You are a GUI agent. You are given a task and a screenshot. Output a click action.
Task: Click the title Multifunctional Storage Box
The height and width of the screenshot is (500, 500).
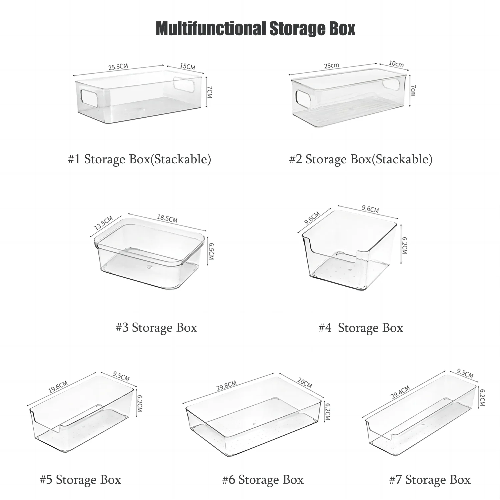click(x=255, y=29)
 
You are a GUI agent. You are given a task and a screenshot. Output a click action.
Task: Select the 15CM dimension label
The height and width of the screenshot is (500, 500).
click(x=187, y=66)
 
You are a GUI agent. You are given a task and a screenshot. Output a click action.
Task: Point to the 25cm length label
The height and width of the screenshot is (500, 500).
click(x=332, y=66)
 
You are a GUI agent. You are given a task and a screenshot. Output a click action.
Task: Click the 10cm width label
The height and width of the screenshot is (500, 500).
click(x=396, y=64)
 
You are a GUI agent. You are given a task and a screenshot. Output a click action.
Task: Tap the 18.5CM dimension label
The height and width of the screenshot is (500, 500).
click(x=167, y=219)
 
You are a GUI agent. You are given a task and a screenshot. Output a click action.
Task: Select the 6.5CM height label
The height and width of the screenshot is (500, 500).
click(x=211, y=251)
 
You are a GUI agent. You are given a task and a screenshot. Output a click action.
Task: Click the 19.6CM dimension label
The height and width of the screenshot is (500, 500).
click(x=58, y=387)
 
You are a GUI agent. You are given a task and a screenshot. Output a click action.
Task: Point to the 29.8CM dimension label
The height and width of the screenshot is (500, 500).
click(x=226, y=385)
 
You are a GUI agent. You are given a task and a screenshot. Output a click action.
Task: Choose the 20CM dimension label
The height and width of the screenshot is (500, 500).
click(x=304, y=383)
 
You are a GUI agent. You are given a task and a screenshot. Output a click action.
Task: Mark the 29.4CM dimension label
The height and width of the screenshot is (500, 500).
click(x=400, y=392)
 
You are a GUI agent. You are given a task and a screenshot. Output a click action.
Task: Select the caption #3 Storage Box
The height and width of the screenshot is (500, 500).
click(x=156, y=327)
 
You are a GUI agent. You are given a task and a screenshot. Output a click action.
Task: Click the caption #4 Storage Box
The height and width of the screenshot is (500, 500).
click(x=361, y=328)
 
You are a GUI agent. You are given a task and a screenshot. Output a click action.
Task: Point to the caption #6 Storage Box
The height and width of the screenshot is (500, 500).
click(x=263, y=480)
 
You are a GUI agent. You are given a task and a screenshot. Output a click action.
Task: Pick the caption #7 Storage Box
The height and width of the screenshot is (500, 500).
click(x=430, y=480)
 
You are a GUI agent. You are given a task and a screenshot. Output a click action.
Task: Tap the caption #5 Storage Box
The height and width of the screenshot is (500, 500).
click(x=80, y=480)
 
